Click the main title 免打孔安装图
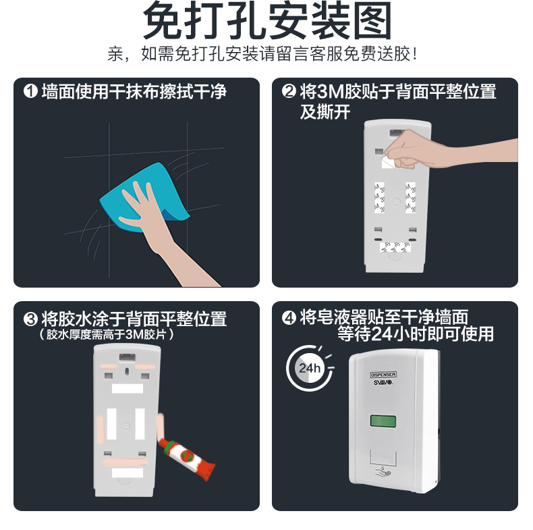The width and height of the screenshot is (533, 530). coord(267,20)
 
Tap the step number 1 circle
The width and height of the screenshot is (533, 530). coord(30,91)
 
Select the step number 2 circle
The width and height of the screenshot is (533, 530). coord(289,91)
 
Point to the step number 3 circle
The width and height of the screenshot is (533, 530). coord(30,319)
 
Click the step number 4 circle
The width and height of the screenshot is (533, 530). coord(289,318)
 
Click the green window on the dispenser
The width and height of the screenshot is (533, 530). coord(383,421)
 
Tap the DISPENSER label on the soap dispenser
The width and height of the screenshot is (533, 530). coord(383,375)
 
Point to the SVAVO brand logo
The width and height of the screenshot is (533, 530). coord(383,382)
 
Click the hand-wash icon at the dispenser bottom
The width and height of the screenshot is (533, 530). coord(383,472)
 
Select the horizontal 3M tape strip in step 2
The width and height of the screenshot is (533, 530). coord(395,247)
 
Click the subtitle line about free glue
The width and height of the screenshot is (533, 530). coord(262,54)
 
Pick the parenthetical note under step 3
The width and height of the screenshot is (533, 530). coord(107,334)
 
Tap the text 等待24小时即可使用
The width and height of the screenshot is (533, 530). coord(416,334)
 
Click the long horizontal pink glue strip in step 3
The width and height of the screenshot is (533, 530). coord(125,462)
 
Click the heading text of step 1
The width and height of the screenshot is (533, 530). coord(134,92)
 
